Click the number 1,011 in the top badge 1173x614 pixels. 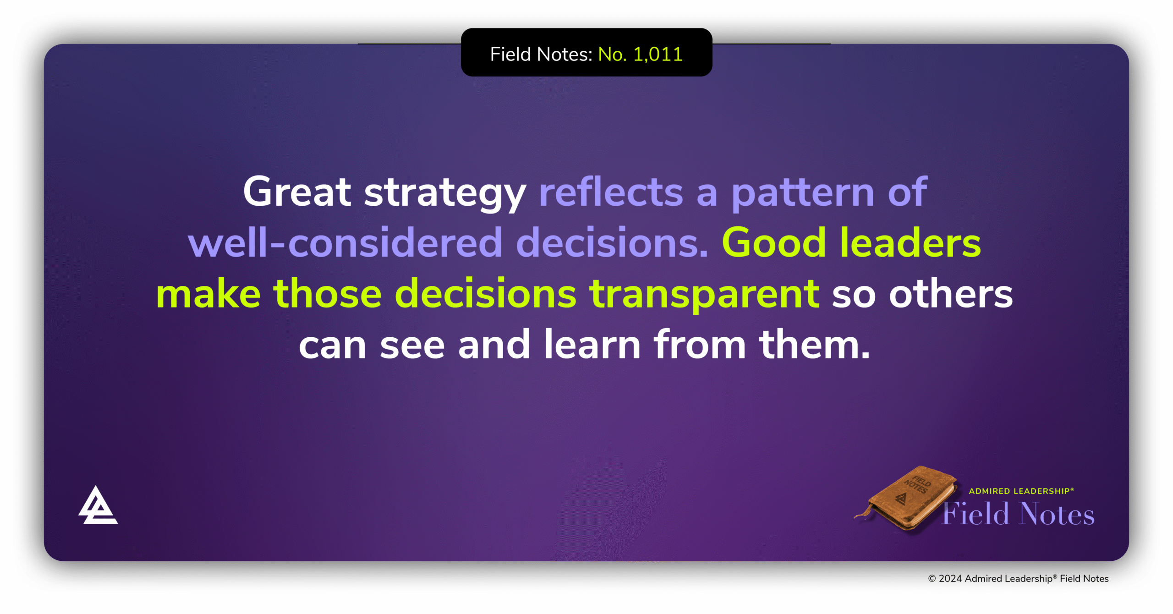[658, 55]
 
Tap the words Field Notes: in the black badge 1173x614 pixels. [541, 55]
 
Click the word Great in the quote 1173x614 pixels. [297, 192]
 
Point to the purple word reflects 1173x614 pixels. [611, 192]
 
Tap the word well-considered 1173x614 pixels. [345, 243]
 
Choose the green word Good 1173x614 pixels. [774, 243]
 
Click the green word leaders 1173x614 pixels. [910, 243]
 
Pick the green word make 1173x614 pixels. [208, 294]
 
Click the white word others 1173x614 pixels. [951, 294]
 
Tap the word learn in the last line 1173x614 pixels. [592, 345]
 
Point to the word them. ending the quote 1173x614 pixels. [814, 345]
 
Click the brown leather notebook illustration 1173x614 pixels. [910, 499]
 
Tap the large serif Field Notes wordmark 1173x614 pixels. [1018, 514]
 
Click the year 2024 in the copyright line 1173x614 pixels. [950, 579]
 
